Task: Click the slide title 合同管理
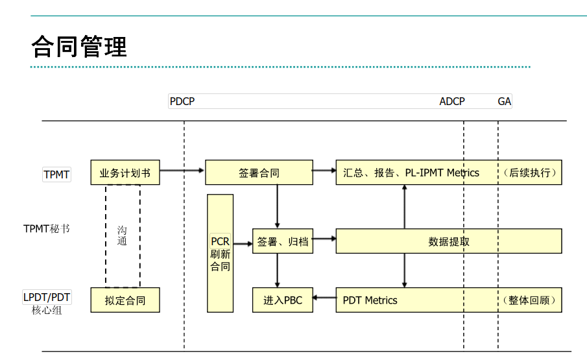click(x=79, y=47)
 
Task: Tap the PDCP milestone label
click(x=182, y=101)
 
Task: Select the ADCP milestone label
click(x=452, y=101)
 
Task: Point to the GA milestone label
click(x=504, y=101)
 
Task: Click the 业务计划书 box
click(x=125, y=173)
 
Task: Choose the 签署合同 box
click(x=259, y=173)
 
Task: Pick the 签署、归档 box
click(x=282, y=241)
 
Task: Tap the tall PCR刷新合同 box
click(x=221, y=253)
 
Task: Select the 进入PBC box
click(x=282, y=300)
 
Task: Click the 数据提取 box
click(x=449, y=241)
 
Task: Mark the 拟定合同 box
click(x=125, y=300)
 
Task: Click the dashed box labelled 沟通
click(x=123, y=236)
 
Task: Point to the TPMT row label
click(x=56, y=174)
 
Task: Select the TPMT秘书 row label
click(x=47, y=228)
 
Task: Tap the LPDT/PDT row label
click(x=47, y=297)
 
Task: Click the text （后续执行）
click(x=529, y=173)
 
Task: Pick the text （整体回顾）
click(x=529, y=300)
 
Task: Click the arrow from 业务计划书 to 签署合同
click(x=182, y=171)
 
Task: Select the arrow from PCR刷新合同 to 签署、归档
click(x=243, y=244)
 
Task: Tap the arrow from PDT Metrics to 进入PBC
click(x=324, y=300)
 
